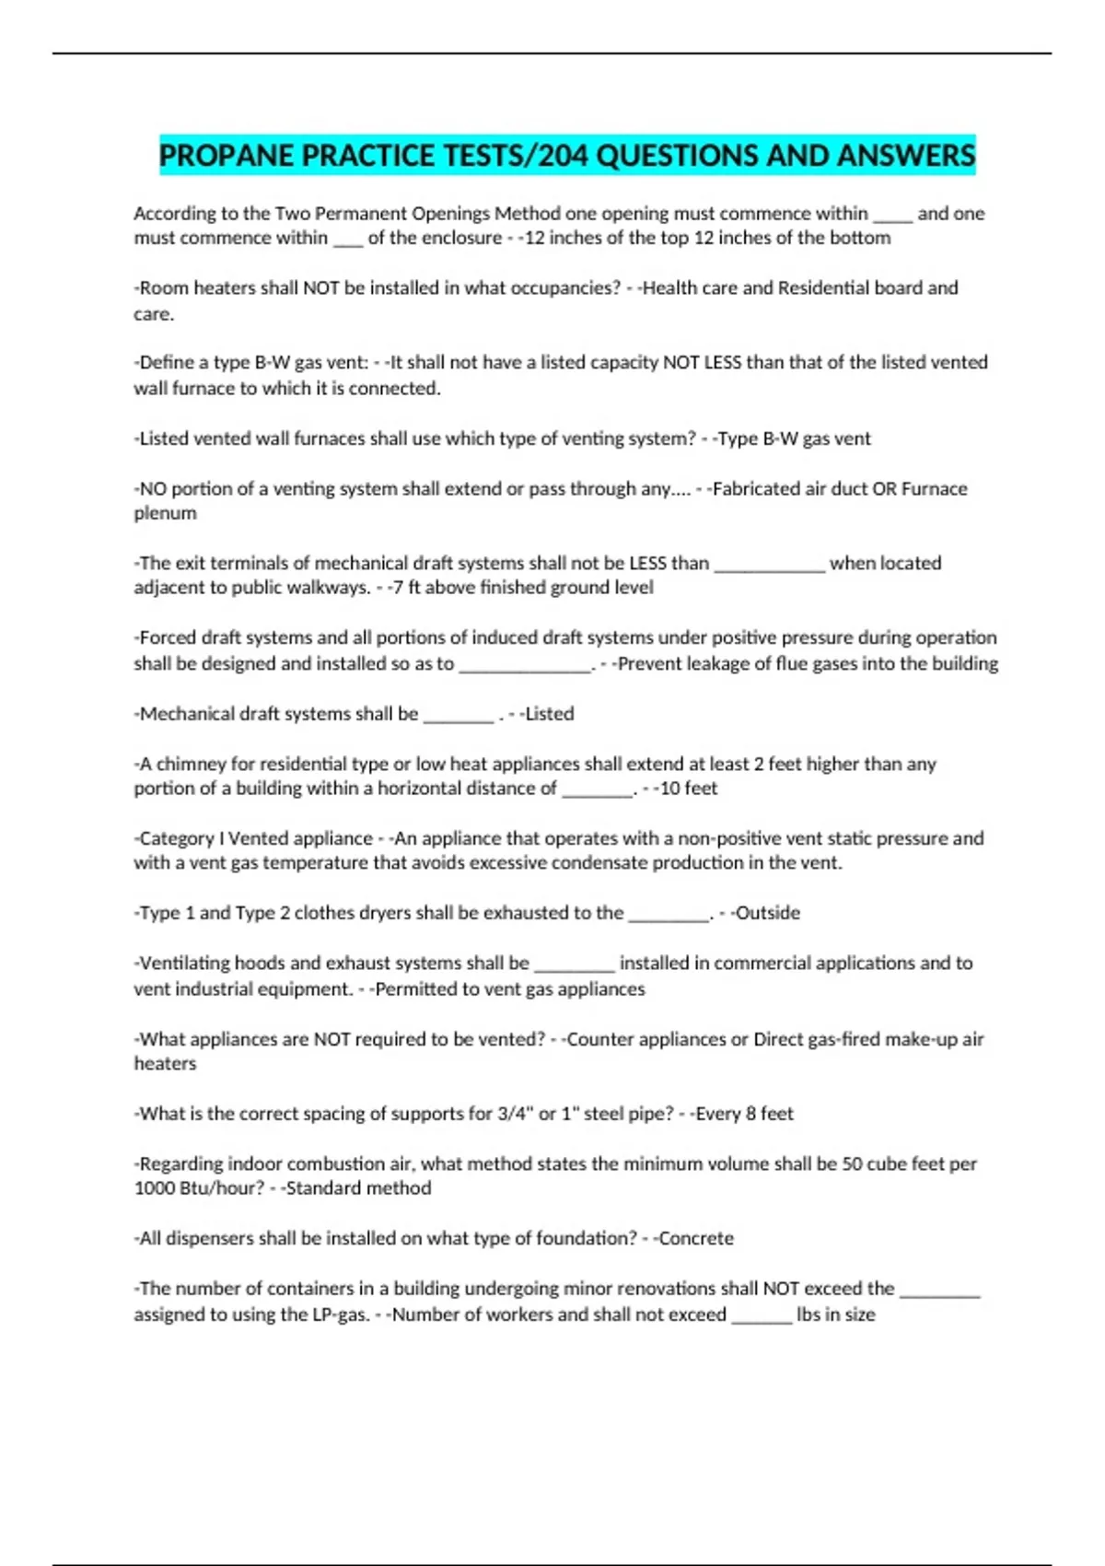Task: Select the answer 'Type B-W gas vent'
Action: (794, 438)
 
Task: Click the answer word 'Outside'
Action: (768, 913)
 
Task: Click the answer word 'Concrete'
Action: (696, 1238)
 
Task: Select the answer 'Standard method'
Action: (358, 1188)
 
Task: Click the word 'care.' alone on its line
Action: (154, 314)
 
